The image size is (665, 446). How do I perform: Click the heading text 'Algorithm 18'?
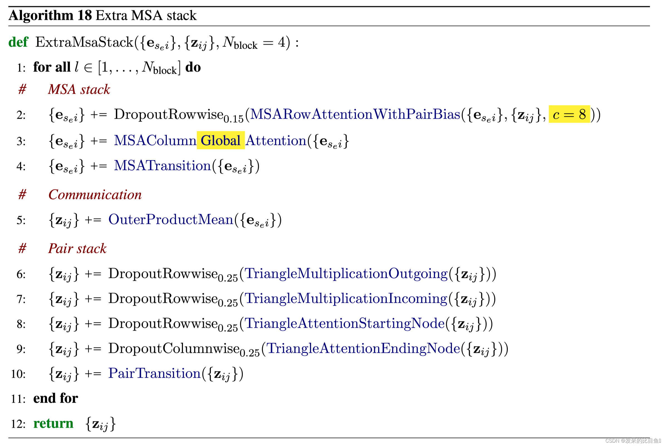pos(50,15)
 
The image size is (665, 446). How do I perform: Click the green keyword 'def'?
pos(18,42)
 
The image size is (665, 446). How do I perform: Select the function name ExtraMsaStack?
pos(84,42)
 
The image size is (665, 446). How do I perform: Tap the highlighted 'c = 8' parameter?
pos(569,114)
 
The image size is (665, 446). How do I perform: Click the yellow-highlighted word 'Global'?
pos(221,141)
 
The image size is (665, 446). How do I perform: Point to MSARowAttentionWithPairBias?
pos(355,114)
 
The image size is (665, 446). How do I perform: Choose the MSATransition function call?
pos(162,166)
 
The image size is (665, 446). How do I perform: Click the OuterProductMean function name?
pos(171,220)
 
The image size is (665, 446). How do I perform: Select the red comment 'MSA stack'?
pos(79,90)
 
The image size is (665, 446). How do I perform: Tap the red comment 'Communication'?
pos(95,195)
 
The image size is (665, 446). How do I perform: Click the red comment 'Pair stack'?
pos(77,249)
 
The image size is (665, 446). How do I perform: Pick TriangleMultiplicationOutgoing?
pos(346,274)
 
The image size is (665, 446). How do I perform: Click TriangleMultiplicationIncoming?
pos(346,299)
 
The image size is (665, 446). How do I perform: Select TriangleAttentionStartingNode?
pos(344,324)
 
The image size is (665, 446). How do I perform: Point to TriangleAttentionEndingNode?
pos(363,349)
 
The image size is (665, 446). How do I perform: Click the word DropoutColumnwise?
pos(174,349)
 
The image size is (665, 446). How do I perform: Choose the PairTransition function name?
pos(155,373)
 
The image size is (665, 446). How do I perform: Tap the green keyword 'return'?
pos(53,423)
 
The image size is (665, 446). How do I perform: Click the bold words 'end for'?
pos(55,398)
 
